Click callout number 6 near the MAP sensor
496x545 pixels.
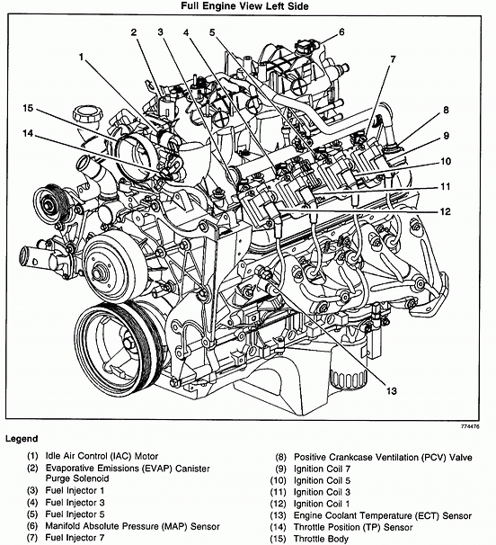[x=341, y=32]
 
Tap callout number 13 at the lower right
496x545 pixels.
[x=392, y=391]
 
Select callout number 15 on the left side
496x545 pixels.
[x=28, y=108]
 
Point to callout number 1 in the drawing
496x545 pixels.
[x=81, y=57]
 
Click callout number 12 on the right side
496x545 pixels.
[x=446, y=211]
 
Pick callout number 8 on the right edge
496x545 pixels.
[x=446, y=111]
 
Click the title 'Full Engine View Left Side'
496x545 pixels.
[x=244, y=6]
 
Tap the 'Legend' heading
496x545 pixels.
[x=22, y=439]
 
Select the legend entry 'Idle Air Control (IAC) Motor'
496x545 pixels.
[x=102, y=456]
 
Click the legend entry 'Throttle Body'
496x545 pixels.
[x=321, y=539]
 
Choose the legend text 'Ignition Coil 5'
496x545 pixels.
[x=322, y=481]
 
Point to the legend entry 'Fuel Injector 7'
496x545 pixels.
[x=75, y=537]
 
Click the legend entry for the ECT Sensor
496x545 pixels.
[x=383, y=516]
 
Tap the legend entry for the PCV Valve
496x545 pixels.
[x=383, y=458]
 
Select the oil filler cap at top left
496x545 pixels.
[x=88, y=114]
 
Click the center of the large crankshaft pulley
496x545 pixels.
[x=127, y=344]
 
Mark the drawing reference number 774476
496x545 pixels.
[x=470, y=426]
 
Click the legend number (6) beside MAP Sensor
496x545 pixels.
[x=32, y=526]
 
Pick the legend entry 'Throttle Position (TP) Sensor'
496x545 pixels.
[x=353, y=527]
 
